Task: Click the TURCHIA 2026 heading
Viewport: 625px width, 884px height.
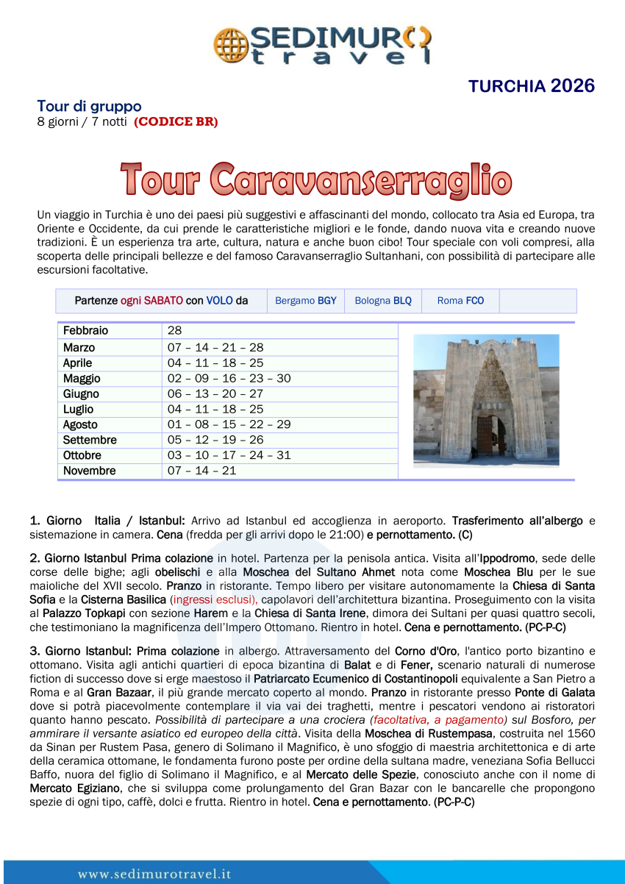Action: pos(531,86)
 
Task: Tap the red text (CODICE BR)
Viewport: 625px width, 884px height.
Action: pos(176,122)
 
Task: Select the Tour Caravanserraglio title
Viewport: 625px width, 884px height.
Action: pos(316,180)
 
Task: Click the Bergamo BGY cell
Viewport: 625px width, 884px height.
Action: pos(305,301)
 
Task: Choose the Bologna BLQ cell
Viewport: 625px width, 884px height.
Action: pos(383,301)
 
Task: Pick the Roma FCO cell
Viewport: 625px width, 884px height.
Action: pos(460,301)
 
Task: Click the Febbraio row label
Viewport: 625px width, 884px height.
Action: pos(85,331)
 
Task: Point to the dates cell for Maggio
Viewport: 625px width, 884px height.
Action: pos(229,378)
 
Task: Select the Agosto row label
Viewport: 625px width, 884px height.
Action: pos(80,424)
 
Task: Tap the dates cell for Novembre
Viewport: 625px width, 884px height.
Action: pos(201,471)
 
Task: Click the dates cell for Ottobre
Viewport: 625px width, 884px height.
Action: pos(229,455)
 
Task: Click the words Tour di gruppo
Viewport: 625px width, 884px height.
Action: pos(89,107)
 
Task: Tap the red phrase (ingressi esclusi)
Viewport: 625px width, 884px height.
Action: pos(213,600)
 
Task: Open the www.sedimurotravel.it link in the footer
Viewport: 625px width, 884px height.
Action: pos(154,874)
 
